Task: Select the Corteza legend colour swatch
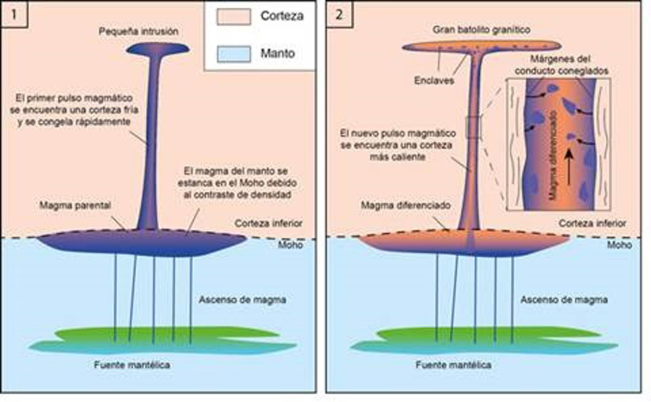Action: tap(233, 17)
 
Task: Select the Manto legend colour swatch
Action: tap(233, 53)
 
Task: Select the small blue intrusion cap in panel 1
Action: tap(157, 49)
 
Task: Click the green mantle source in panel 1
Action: tap(163, 332)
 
